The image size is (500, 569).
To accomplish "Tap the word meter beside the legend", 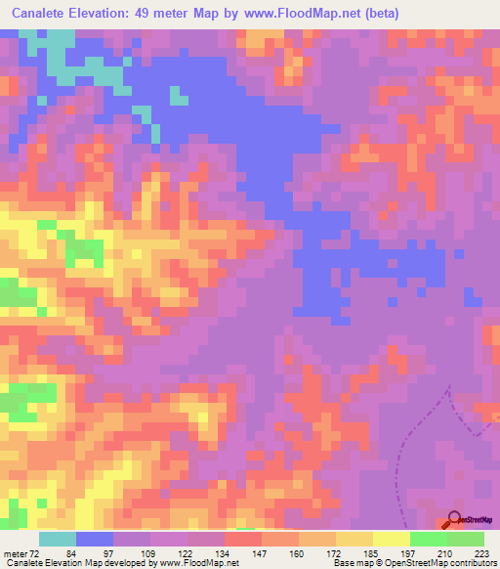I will pos(17,553).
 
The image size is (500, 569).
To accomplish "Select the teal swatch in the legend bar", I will pos(58,539).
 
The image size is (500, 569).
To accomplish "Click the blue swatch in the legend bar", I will pos(95,539).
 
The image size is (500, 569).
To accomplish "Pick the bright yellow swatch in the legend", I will pos(392,539).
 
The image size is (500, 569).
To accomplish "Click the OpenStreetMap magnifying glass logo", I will pos(455,519).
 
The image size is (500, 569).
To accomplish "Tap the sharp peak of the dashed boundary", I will pos(449,388).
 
